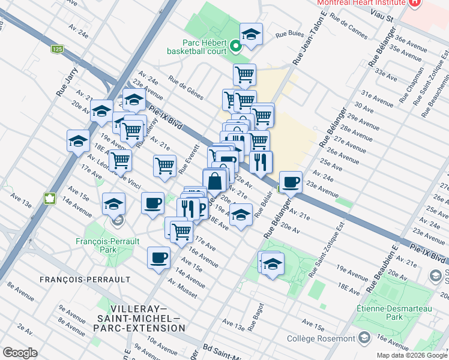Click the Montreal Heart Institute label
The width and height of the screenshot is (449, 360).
pos(360,2)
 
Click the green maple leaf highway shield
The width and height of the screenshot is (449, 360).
pos(49,197)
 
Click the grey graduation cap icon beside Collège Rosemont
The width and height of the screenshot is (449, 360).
pos(364,338)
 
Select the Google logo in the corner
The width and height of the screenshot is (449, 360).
pos(20,353)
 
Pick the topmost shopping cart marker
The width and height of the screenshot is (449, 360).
pos(244,74)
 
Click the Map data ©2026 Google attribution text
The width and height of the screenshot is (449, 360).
pos(411,355)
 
